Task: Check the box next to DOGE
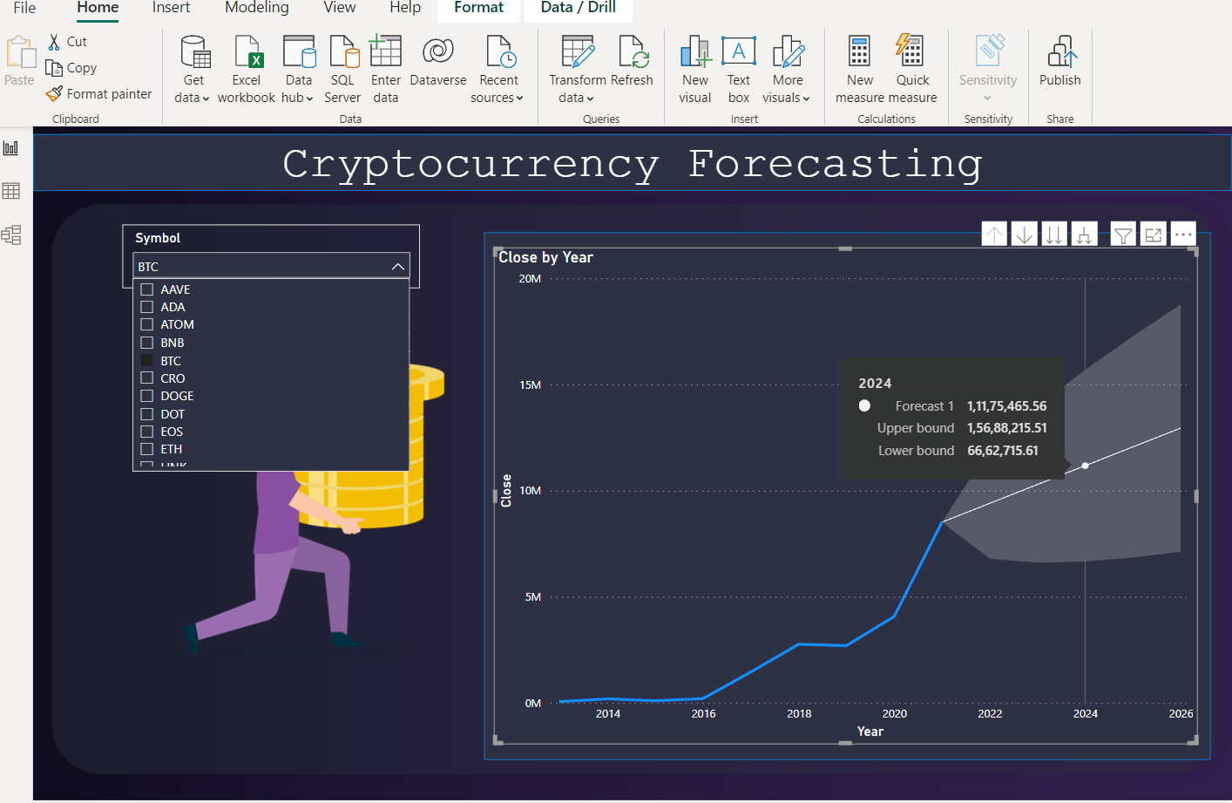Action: tap(147, 396)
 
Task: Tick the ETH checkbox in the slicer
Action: tap(147, 449)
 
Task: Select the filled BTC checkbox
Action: tap(147, 360)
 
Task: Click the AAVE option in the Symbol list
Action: tap(175, 289)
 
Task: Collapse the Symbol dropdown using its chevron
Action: tap(397, 267)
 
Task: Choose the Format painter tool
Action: tap(99, 94)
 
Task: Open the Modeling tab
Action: tap(257, 8)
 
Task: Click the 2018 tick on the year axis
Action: tap(799, 714)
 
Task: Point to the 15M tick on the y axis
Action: tap(530, 385)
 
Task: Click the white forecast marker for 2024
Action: tap(1085, 466)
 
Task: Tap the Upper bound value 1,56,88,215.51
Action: tap(1006, 428)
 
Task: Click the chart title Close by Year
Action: tap(545, 257)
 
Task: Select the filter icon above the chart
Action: tap(1123, 235)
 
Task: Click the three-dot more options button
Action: tap(1182, 235)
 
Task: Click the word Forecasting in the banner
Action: tap(835, 164)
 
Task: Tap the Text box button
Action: tap(739, 70)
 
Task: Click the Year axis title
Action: tap(870, 732)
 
